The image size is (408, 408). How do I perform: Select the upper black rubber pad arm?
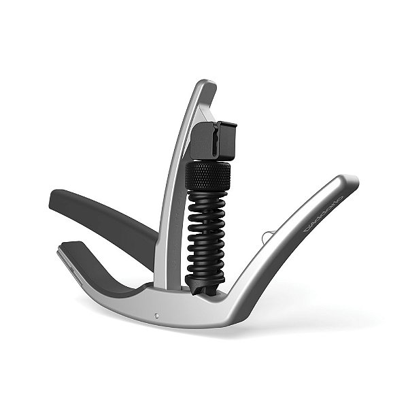coord(102,216)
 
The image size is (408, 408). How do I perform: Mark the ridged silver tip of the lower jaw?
coord(63,253)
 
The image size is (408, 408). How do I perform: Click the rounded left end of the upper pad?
coord(54,199)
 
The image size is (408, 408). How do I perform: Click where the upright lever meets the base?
coord(163,286)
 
